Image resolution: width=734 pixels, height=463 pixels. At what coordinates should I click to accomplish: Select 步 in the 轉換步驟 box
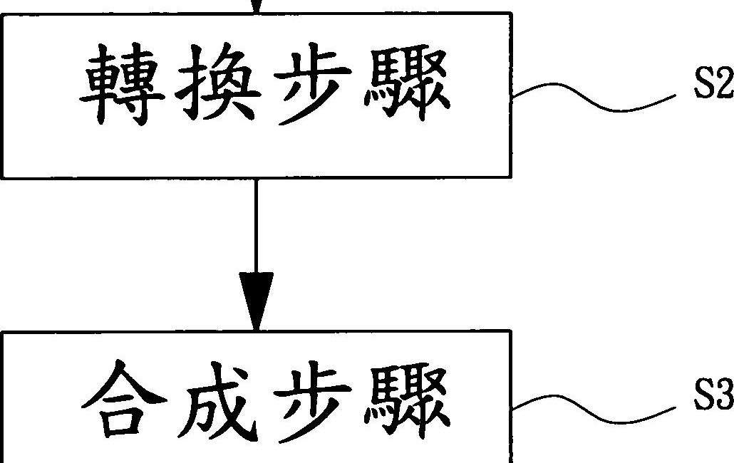(311, 89)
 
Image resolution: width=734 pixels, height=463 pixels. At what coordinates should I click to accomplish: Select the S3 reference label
(713, 399)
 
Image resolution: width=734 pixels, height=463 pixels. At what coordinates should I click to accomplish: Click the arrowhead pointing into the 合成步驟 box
(256, 299)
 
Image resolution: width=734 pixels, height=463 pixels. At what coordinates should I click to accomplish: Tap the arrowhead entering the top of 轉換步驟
(256, 6)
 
